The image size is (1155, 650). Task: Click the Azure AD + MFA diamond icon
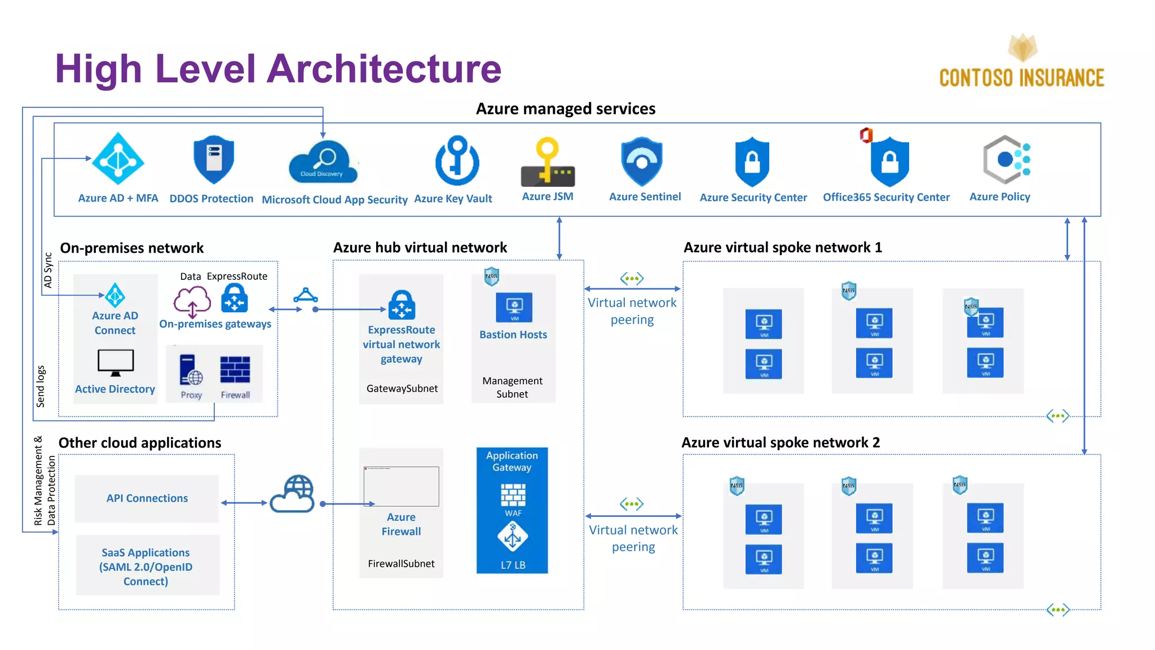(118, 159)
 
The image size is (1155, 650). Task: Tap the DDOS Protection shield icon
(213, 159)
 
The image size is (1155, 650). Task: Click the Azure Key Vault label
(453, 199)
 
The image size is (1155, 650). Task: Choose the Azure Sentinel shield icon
(642, 161)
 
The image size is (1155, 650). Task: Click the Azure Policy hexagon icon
(1006, 160)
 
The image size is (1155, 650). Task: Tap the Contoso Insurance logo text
(1021, 78)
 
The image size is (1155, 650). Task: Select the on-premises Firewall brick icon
(235, 370)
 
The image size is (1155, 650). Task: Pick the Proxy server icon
(191, 370)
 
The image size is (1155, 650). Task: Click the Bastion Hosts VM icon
(514, 308)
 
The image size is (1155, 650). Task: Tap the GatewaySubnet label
(402, 388)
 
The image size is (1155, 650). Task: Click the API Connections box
(147, 498)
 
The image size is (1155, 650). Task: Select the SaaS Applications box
(147, 566)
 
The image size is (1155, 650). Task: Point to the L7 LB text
(513, 565)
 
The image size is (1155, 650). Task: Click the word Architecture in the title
(384, 69)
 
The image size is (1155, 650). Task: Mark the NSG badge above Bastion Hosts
(491, 276)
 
